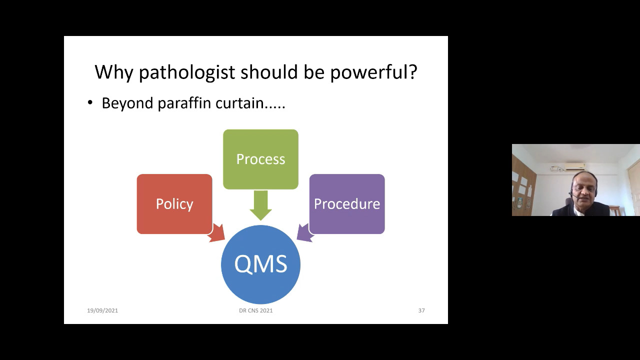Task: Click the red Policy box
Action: point(174,204)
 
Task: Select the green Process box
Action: point(260,159)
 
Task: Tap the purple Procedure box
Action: point(347,204)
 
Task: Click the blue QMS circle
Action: point(260,264)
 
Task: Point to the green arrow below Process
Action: point(260,205)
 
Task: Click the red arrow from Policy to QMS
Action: point(216,233)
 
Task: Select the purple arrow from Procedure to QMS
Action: point(305,232)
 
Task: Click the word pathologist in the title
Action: point(187,72)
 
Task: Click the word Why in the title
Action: point(113,72)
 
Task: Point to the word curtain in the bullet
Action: point(239,103)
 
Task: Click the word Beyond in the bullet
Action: point(127,103)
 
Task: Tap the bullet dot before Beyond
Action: point(90,102)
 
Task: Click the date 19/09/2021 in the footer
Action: point(102,310)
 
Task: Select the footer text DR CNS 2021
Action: point(256,310)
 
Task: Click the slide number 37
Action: point(421,310)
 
